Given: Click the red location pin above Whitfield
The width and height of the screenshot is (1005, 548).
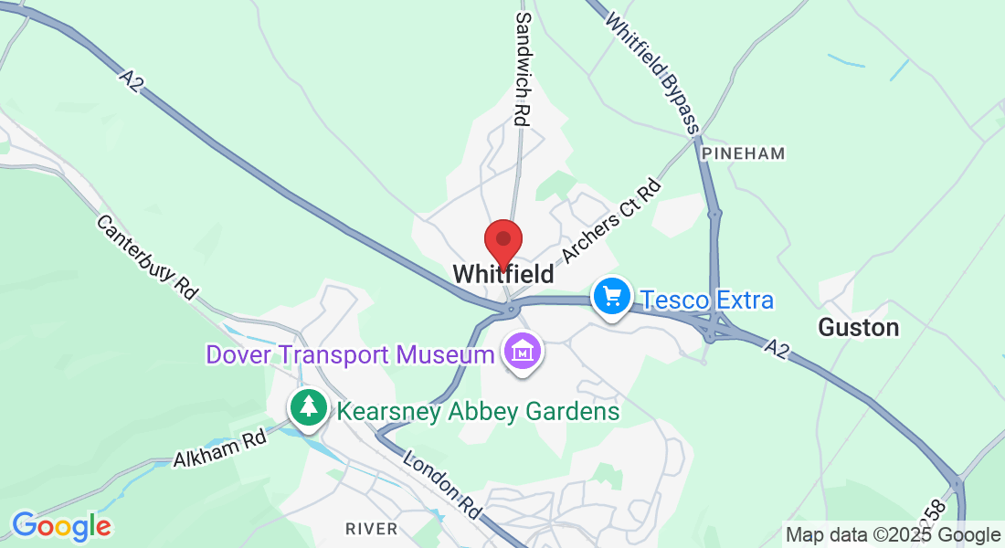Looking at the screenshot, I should click(503, 242).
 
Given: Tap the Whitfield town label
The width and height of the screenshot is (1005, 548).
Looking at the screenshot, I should click(503, 274).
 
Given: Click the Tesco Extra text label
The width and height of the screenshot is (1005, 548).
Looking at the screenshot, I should click(706, 300).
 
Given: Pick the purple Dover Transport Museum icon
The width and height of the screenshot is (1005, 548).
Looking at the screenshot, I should click(523, 352).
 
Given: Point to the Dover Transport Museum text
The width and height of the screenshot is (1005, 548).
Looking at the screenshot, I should click(350, 354).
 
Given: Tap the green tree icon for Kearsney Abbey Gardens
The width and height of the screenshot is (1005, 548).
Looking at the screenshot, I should click(310, 407).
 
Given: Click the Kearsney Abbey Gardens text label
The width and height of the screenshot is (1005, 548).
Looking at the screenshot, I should click(478, 412).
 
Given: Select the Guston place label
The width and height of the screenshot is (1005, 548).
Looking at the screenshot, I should click(859, 327).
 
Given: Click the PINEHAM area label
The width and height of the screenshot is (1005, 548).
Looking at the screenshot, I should click(744, 153).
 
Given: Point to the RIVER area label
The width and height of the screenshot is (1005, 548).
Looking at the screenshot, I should click(372, 529).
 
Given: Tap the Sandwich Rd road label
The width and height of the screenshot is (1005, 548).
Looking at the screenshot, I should click(523, 68).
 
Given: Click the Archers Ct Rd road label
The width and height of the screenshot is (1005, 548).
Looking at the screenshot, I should click(611, 223).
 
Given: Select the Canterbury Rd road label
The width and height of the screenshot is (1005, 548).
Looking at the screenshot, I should click(147, 258).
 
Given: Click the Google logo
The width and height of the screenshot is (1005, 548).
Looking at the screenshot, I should click(61, 526).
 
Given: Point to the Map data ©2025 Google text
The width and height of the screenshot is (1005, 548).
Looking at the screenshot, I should click(894, 535).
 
